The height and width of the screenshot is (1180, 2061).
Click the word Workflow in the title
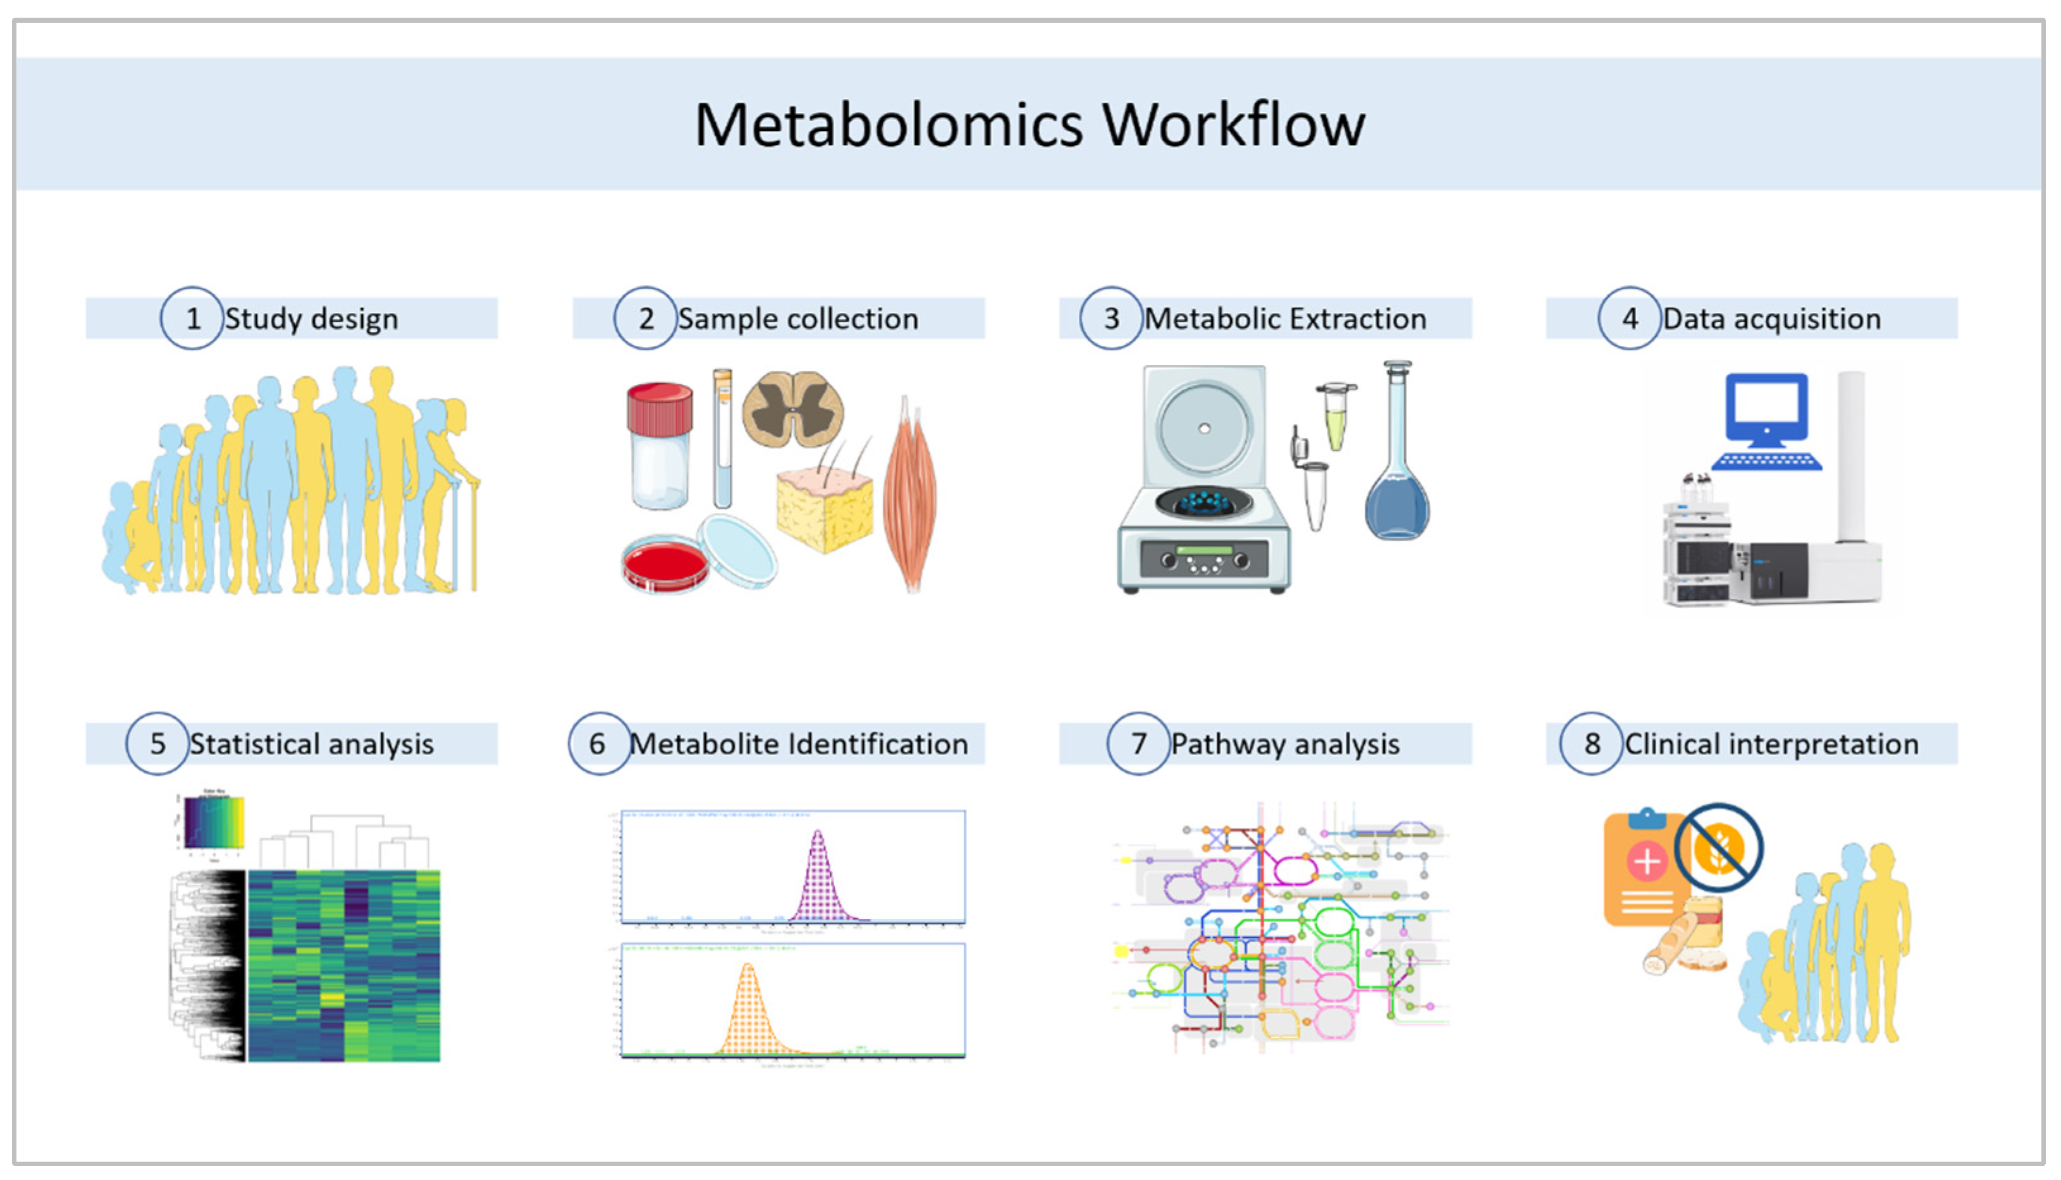[1234, 126]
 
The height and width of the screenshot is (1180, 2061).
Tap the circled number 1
[192, 319]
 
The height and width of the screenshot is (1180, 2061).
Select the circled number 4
[1629, 319]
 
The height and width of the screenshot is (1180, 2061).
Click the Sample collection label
[798, 319]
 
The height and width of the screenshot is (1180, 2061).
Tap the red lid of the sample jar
[660, 408]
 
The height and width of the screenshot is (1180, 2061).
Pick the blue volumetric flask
[1397, 495]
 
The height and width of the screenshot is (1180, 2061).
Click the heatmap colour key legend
[214, 822]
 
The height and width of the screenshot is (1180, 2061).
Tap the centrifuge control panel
[1204, 559]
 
